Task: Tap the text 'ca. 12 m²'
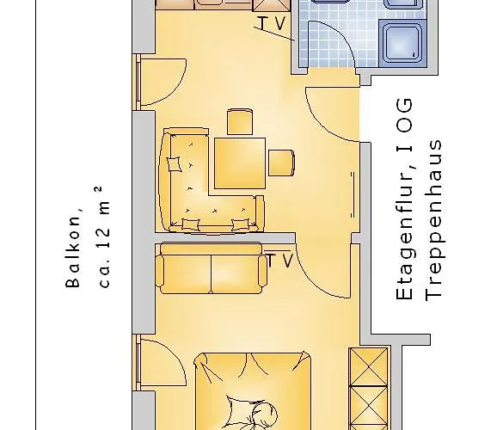[x=105, y=236]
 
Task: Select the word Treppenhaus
[x=434, y=220]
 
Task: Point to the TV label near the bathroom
[x=272, y=23]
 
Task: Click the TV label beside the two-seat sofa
[x=279, y=261]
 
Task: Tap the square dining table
[x=240, y=163]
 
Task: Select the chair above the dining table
[x=240, y=122]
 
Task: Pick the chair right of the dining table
[x=281, y=163]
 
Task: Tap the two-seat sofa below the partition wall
[x=211, y=269]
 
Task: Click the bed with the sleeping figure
[x=253, y=391]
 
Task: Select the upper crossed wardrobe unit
[x=368, y=366]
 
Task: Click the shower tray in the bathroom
[x=403, y=43]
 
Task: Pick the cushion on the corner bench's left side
[x=175, y=164]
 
